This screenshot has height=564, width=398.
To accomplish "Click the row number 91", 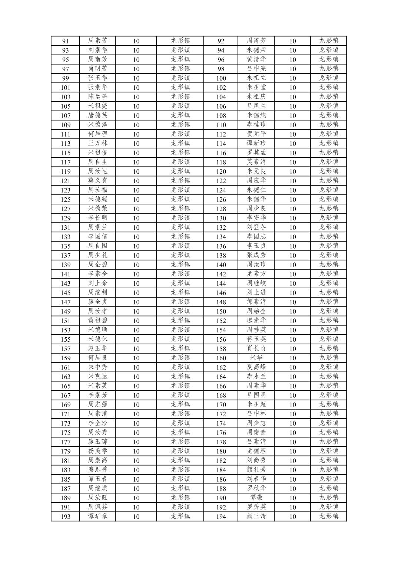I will pos(65,41).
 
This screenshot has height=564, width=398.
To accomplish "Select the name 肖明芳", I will pos(97,69).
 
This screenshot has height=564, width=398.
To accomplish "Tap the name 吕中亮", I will pos(256,69).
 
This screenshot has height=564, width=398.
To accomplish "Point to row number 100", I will pos(221,78).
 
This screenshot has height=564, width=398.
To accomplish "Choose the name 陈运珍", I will pos(97,97).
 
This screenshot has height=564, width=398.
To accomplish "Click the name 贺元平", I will pos(256,134).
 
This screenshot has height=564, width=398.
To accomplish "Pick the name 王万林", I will pos(97,143).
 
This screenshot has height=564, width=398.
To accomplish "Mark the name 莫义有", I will pos(97,181).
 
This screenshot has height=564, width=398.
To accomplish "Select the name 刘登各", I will pos(256,227).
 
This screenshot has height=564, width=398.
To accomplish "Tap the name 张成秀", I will pos(256,255).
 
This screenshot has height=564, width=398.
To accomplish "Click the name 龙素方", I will pos(256,274).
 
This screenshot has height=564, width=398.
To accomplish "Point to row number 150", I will pos(221,311).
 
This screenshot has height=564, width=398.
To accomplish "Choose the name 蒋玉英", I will pos(256,339).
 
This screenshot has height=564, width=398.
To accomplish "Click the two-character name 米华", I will pos(256,358).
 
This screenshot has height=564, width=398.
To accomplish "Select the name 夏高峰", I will pos(256,367).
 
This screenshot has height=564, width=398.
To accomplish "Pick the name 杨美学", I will pos(97,451).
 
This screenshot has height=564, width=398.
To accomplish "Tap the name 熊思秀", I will pos(97,470).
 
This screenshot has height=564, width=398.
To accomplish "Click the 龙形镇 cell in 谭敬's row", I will pos(329,498).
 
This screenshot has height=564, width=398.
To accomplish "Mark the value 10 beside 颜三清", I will pos(292,517).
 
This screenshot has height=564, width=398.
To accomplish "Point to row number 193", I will pos(65,517).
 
